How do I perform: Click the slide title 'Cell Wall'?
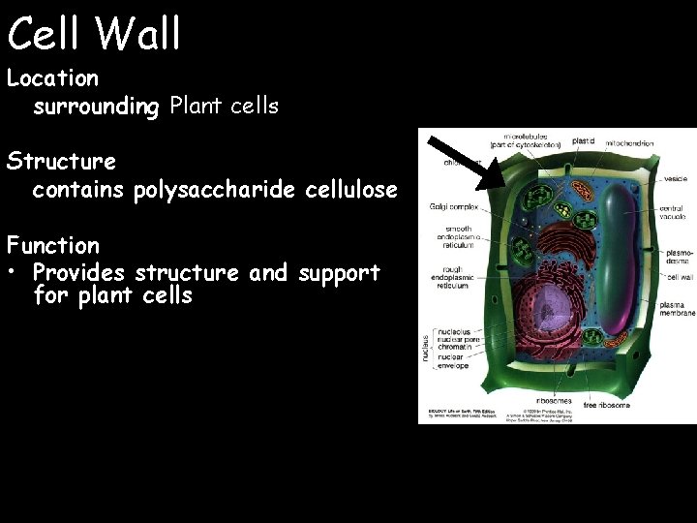click(94, 33)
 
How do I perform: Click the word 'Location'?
click(52, 77)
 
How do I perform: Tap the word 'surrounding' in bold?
click(96, 107)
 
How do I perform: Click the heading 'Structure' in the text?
click(60, 161)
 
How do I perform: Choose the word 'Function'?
click(52, 245)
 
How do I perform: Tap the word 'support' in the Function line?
click(340, 273)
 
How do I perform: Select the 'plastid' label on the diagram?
click(584, 141)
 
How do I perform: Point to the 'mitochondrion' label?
click(629, 143)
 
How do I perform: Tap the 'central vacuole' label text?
click(671, 212)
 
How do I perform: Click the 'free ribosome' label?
click(607, 404)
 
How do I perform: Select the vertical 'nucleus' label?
click(424, 346)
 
